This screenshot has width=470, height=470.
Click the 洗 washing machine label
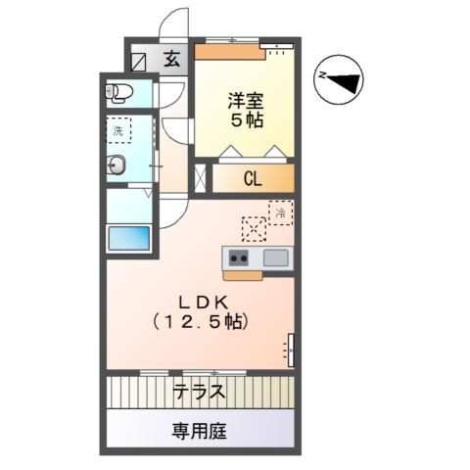coord(117,130)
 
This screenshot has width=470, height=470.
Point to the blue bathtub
coord(128,239)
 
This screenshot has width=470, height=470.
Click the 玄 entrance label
coord(171,60)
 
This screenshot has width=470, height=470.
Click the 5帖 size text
coord(247,120)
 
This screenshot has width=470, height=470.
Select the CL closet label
coord(252,179)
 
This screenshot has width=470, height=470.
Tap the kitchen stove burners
coord(239,259)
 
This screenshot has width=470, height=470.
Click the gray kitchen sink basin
coord(275,258)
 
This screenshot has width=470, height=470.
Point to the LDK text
coord(200,301)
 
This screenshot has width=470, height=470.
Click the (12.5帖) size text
coord(200,321)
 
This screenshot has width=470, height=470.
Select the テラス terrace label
coord(200,393)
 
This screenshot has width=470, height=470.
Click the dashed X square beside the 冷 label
coord(254,228)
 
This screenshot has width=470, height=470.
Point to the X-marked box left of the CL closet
coord(201,178)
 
